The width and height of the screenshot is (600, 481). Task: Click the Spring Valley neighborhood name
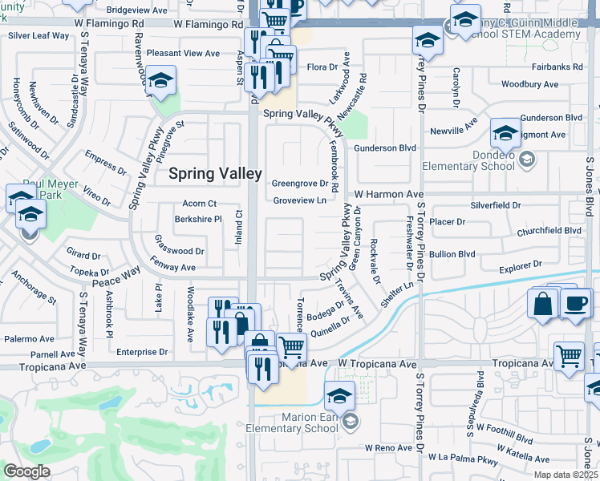(214, 172)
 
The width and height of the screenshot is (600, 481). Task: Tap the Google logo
(26, 471)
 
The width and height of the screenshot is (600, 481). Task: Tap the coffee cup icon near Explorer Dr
(576, 304)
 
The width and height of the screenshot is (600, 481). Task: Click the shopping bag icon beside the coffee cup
(543, 304)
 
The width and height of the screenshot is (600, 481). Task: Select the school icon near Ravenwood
(161, 81)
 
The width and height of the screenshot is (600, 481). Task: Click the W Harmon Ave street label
(388, 194)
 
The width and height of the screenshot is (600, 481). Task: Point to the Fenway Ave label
(172, 267)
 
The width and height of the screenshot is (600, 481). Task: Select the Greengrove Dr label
(301, 183)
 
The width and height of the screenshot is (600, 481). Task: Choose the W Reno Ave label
(388, 447)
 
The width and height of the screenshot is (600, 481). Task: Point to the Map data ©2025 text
(566, 475)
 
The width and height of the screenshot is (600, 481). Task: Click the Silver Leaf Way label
(39, 35)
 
